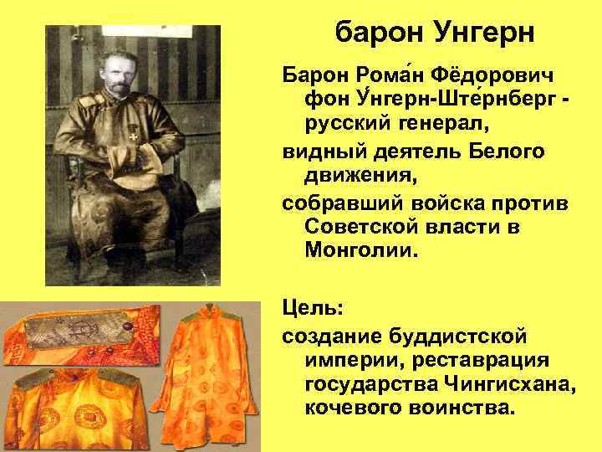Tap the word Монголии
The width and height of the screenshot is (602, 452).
360,252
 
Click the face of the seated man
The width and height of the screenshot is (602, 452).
118,73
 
